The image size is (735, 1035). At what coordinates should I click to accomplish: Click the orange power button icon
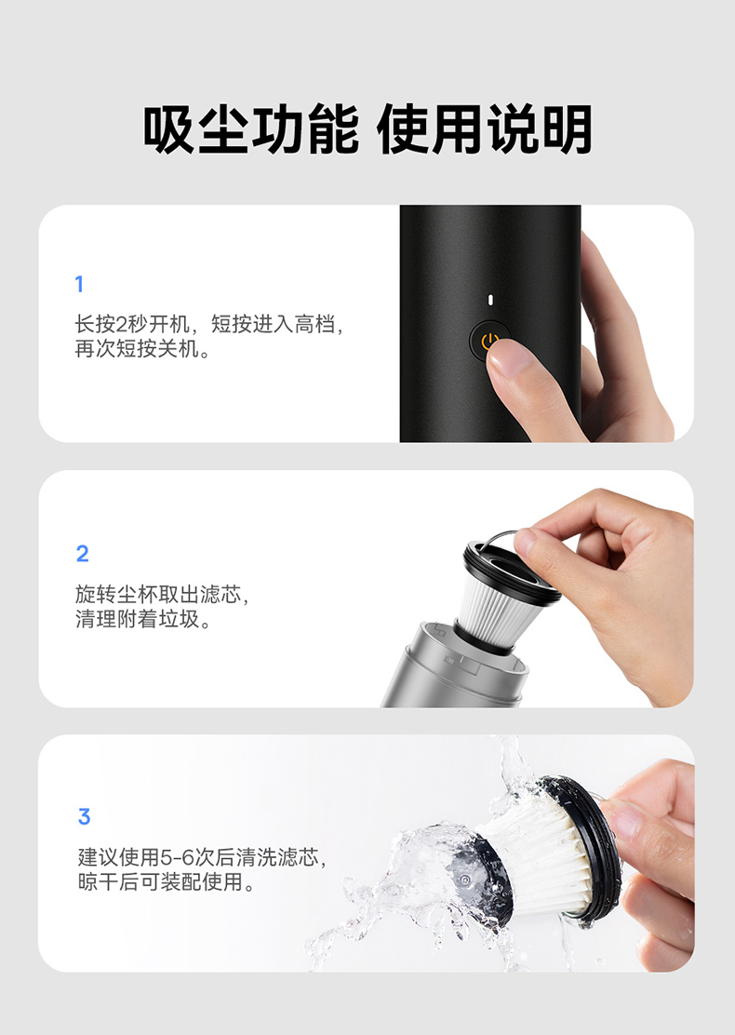[488, 341]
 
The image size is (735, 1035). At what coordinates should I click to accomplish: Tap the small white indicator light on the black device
[490, 300]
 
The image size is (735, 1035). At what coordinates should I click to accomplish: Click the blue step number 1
[79, 284]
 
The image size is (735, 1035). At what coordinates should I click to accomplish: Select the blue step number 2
[83, 553]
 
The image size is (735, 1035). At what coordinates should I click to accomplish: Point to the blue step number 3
[84, 816]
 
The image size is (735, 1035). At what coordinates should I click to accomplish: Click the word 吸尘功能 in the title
[250, 129]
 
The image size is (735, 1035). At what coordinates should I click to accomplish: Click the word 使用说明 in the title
[485, 129]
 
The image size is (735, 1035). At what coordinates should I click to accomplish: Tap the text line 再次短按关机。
[142, 348]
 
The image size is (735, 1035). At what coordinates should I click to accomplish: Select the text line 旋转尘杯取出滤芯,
[162, 594]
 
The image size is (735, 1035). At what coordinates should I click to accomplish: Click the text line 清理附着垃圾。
[142, 619]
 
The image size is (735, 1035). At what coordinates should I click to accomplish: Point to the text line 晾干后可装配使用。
[167, 881]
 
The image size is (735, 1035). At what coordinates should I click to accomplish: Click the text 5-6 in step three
[178, 857]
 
